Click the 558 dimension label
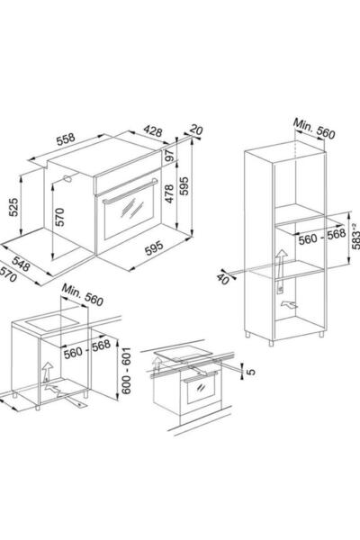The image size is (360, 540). (66, 139)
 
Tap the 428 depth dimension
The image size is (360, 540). (153, 130)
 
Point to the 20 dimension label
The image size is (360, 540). (196, 130)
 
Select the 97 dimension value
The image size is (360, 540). (169, 155)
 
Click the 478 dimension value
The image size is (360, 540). (169, 193)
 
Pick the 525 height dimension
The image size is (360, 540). (13, 207)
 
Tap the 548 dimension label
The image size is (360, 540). (21, 264)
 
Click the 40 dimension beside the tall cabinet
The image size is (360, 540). (223, 279)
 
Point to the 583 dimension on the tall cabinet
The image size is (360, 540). (355, 236)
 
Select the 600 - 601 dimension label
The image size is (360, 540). (126, 371)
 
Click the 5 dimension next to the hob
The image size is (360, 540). (252, 372)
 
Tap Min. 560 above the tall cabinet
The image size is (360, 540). (314, 129)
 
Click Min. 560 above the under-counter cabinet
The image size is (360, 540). (82, 295)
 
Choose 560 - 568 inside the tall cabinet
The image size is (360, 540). (322, 237)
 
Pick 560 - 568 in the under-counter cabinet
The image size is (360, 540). (87, 349)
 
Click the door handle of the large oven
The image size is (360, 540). (130, 191)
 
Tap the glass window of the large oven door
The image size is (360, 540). (129, 214)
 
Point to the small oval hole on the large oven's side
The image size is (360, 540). (67, 178)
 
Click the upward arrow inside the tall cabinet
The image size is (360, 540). (281, 264)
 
